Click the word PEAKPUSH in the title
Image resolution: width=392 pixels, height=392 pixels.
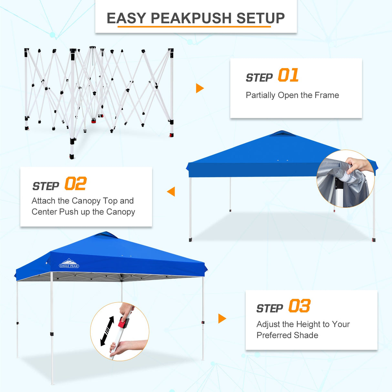click(191, 18)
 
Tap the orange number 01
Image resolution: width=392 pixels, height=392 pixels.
click(288, 75)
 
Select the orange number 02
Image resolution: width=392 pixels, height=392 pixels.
click(75, 184)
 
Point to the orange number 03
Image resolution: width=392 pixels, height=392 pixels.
click(299, 306)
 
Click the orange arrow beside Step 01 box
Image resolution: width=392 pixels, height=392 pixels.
click(200, 88)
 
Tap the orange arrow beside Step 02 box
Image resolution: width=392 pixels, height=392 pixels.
click(171, 191)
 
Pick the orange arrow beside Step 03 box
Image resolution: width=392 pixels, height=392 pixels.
click(222, 318)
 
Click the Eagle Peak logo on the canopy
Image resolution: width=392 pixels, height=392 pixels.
click(69, 264)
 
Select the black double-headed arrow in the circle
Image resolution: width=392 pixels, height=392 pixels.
click(107, 331)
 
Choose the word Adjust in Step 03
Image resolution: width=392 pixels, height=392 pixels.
click(268, 324)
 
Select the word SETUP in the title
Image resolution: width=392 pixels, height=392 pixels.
click(261, 18)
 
